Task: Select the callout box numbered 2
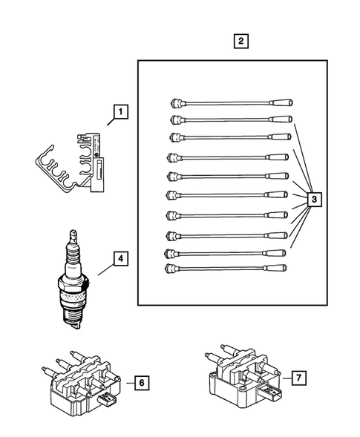[240, 42]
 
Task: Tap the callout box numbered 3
[314, 200]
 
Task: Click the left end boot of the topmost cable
[175, 102]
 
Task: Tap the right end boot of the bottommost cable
[281, 266]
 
